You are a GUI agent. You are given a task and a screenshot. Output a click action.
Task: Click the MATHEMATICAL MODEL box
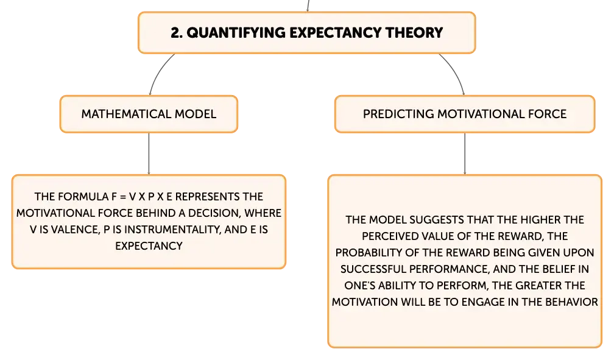[x=149, y=114]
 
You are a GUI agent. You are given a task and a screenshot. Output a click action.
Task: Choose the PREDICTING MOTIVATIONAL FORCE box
[x=465, y=114]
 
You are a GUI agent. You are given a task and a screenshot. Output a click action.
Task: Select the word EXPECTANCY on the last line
[x=149, y=245]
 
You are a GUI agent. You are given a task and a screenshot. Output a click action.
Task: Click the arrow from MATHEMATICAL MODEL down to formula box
[x=149, y=154]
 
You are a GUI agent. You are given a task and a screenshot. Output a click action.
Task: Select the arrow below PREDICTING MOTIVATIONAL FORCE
[x=465, y=154]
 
